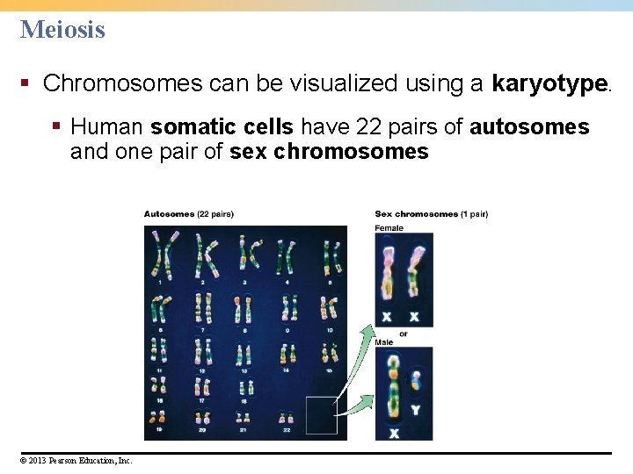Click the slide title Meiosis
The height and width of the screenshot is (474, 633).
(x=62, y=29)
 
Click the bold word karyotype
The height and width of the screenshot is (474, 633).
(x=550, y=83)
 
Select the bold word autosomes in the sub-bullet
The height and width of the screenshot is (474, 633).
(x=529, y=127)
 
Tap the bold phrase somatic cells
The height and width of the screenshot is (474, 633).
(x=222, y=127)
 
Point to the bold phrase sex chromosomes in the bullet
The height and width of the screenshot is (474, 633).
(x=329, y=152)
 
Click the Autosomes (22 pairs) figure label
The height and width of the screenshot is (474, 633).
(x=189, y=213)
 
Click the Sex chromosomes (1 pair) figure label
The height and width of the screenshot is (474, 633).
(x=431, y=213)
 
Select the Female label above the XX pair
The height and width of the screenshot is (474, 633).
(x=389, y=228)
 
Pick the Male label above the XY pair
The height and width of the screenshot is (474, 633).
(x=384, y=342)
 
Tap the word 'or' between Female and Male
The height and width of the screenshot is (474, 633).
(x=404, y=334)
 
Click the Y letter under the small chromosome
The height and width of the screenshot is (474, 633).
(x=415, y=409)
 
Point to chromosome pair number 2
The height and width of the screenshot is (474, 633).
(x=204, y=255)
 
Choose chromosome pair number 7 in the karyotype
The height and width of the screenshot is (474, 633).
(x=203, y=307)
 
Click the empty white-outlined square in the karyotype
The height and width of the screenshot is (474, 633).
(x=321, y=415)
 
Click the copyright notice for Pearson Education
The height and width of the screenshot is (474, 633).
(x=76, y=460)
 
